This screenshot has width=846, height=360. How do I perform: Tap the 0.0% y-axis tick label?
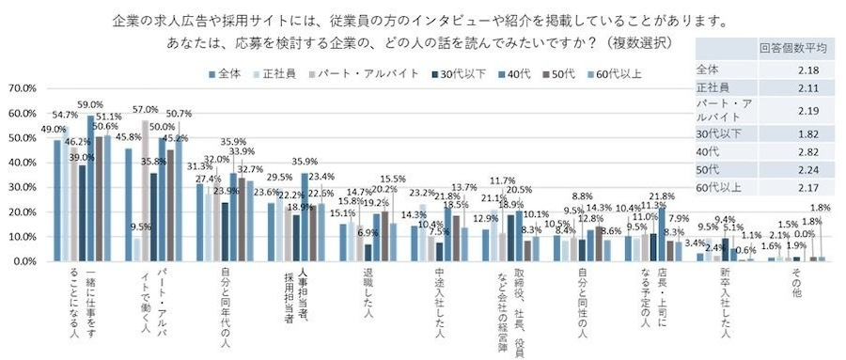pos(23,260)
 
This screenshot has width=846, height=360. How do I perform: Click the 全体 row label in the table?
pos(707,69)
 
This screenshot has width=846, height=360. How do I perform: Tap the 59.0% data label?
pos(90,105)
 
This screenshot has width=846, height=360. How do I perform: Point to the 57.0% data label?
pos(146,110)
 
